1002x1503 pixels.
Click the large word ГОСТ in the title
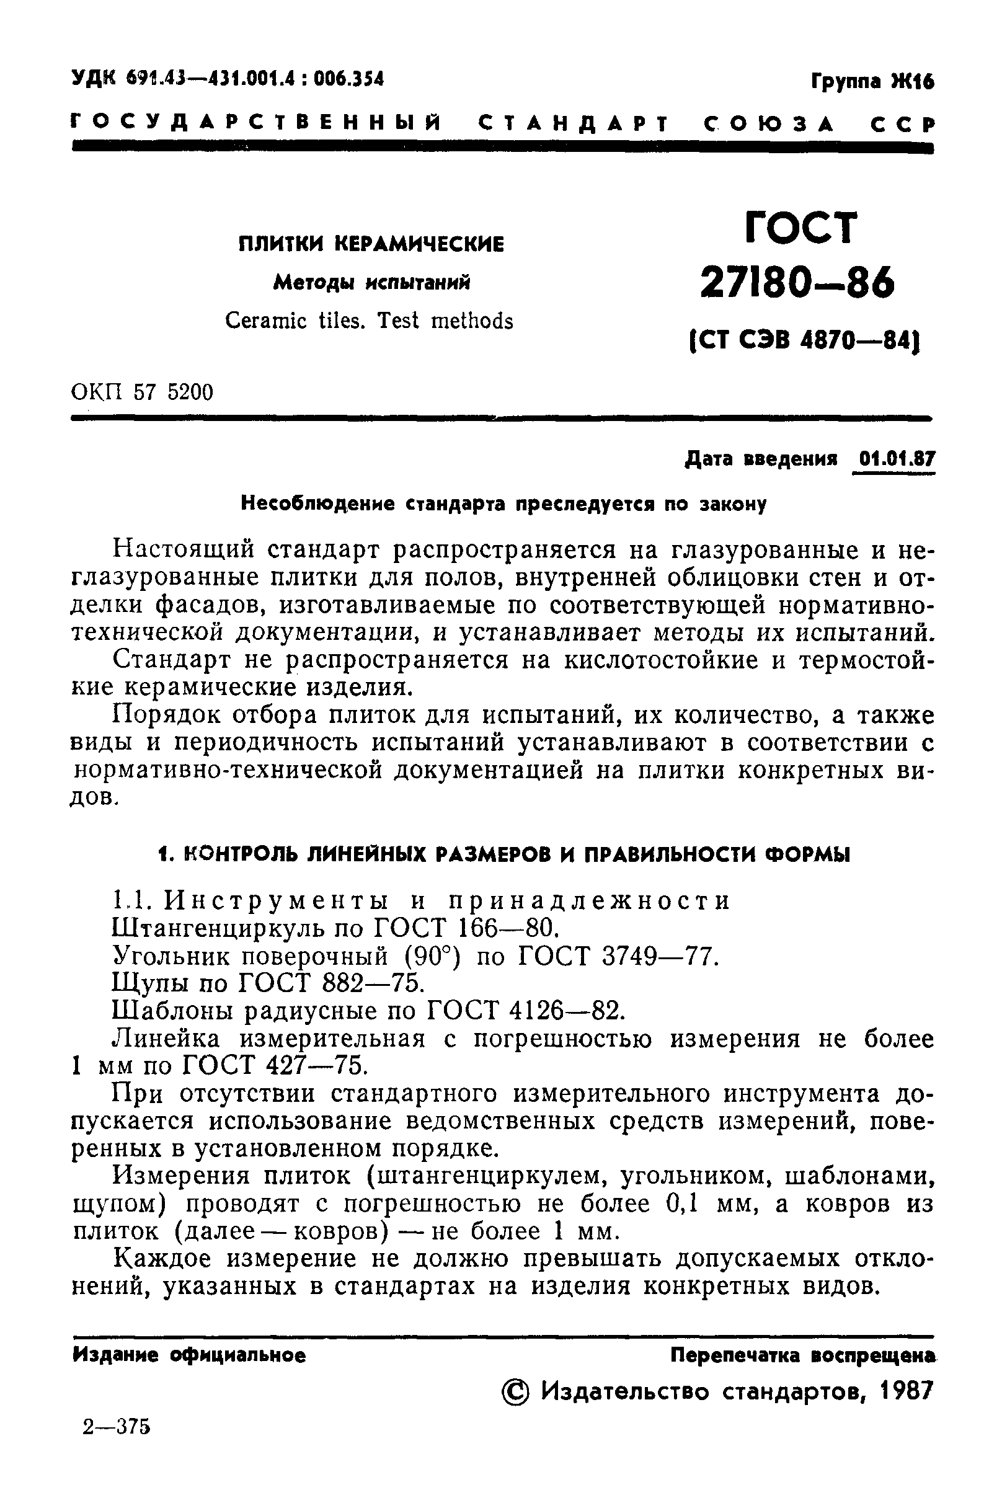[800, 227]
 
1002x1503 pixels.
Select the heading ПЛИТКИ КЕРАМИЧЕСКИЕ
[371, 244]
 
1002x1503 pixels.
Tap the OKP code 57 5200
[173, 392]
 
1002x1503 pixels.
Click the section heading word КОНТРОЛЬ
[231, 855]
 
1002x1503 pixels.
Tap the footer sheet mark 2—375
[117, 1444]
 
